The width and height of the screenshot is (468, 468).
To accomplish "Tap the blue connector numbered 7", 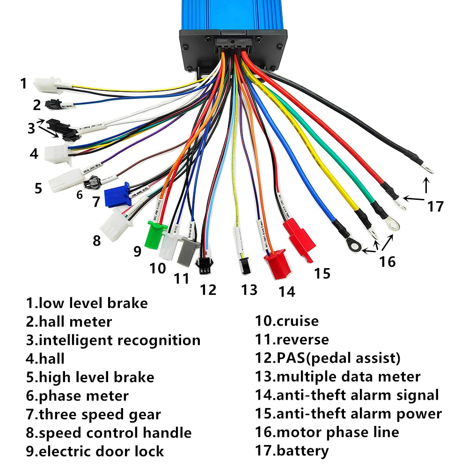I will click(117, 194).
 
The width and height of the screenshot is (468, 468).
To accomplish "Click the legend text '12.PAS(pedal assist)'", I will click(328, 358).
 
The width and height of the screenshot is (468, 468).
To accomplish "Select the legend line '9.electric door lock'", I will click(95, 451).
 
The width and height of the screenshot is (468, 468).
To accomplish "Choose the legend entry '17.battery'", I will click(292, 451).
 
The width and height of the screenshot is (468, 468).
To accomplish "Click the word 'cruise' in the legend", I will click(298, 322).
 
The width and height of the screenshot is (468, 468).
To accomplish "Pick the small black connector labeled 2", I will click(52, 104).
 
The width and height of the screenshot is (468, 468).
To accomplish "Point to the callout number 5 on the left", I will click(38, 188).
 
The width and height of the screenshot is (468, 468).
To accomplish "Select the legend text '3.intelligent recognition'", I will click(113, 340).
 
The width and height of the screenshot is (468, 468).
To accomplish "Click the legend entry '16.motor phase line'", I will click(327, 432).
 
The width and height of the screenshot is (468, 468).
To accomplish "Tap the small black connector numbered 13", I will click(245, 266).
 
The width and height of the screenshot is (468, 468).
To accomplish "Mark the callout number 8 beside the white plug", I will click(96, 241).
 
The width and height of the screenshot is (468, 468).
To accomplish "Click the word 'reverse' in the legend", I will click(303, 340).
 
